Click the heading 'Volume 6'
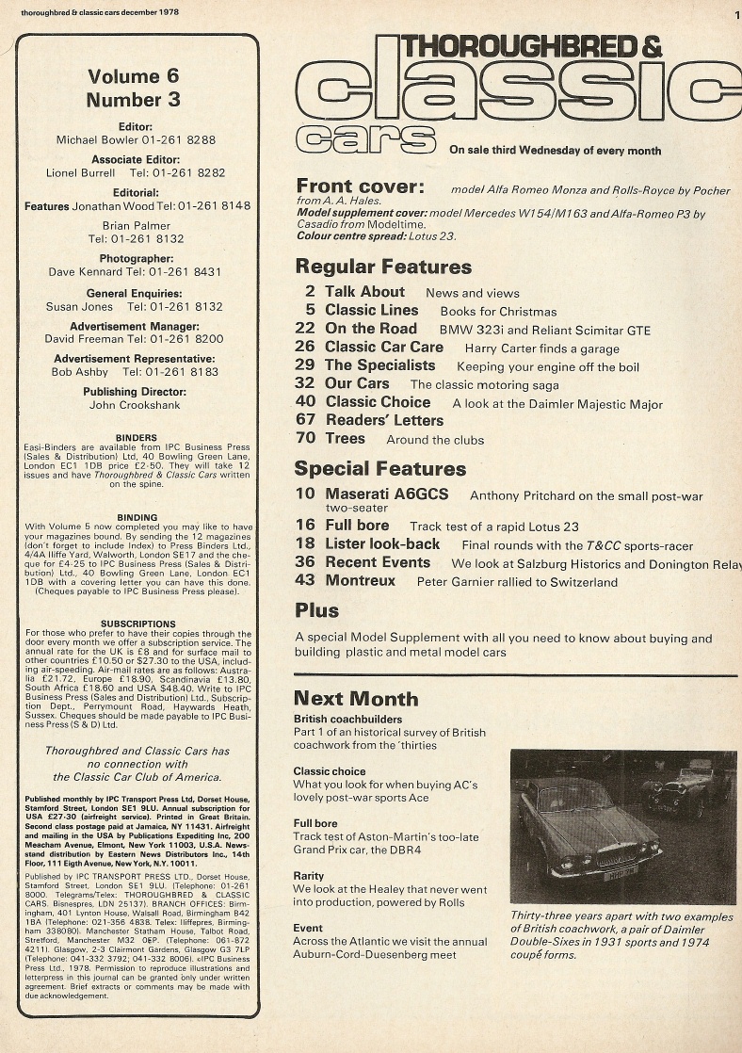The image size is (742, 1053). coord(133,76)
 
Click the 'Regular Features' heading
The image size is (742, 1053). coord(382,267)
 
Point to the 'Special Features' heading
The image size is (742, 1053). coord(379,468)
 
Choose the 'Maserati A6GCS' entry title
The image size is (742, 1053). coord(386,494)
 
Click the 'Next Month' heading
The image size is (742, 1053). coord(356,698)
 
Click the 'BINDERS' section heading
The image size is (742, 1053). coord(136,438)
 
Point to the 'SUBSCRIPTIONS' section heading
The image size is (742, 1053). coord(137,624)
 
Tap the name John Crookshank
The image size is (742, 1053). coord(137,405)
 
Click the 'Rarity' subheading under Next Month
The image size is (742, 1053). coord(309,876)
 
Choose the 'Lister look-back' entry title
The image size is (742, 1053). coord(381,544)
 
